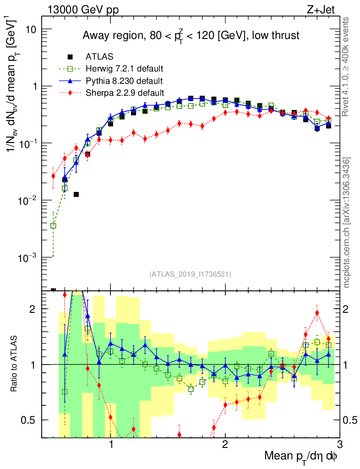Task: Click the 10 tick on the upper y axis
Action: (30, 29)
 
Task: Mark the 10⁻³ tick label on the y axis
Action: (27, 258)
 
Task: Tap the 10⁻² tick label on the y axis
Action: (27, 201)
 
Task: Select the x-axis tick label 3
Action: (339, 445)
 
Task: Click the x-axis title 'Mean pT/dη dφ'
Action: (301, 457)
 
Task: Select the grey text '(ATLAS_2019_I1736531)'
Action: (190, 274)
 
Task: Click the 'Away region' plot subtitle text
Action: (191, 36)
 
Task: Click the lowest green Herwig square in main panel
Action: (53, 225)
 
